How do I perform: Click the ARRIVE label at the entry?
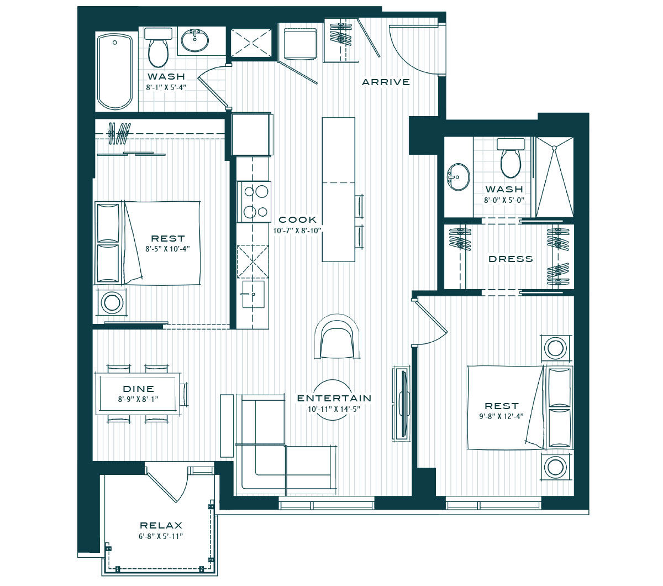386,82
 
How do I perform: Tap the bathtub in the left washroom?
115,71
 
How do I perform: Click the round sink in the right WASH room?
459,177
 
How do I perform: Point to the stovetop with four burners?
254,202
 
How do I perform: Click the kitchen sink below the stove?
253,294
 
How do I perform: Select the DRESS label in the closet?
511,259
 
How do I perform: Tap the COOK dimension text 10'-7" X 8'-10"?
297,231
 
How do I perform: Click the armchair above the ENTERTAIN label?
336,337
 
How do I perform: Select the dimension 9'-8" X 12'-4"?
501,416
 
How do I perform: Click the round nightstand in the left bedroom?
112,302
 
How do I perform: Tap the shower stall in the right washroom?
554,177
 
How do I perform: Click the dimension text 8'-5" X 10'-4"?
167,249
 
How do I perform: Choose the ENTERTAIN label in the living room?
334,398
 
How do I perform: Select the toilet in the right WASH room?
511,158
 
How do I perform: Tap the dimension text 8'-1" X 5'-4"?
166,87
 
